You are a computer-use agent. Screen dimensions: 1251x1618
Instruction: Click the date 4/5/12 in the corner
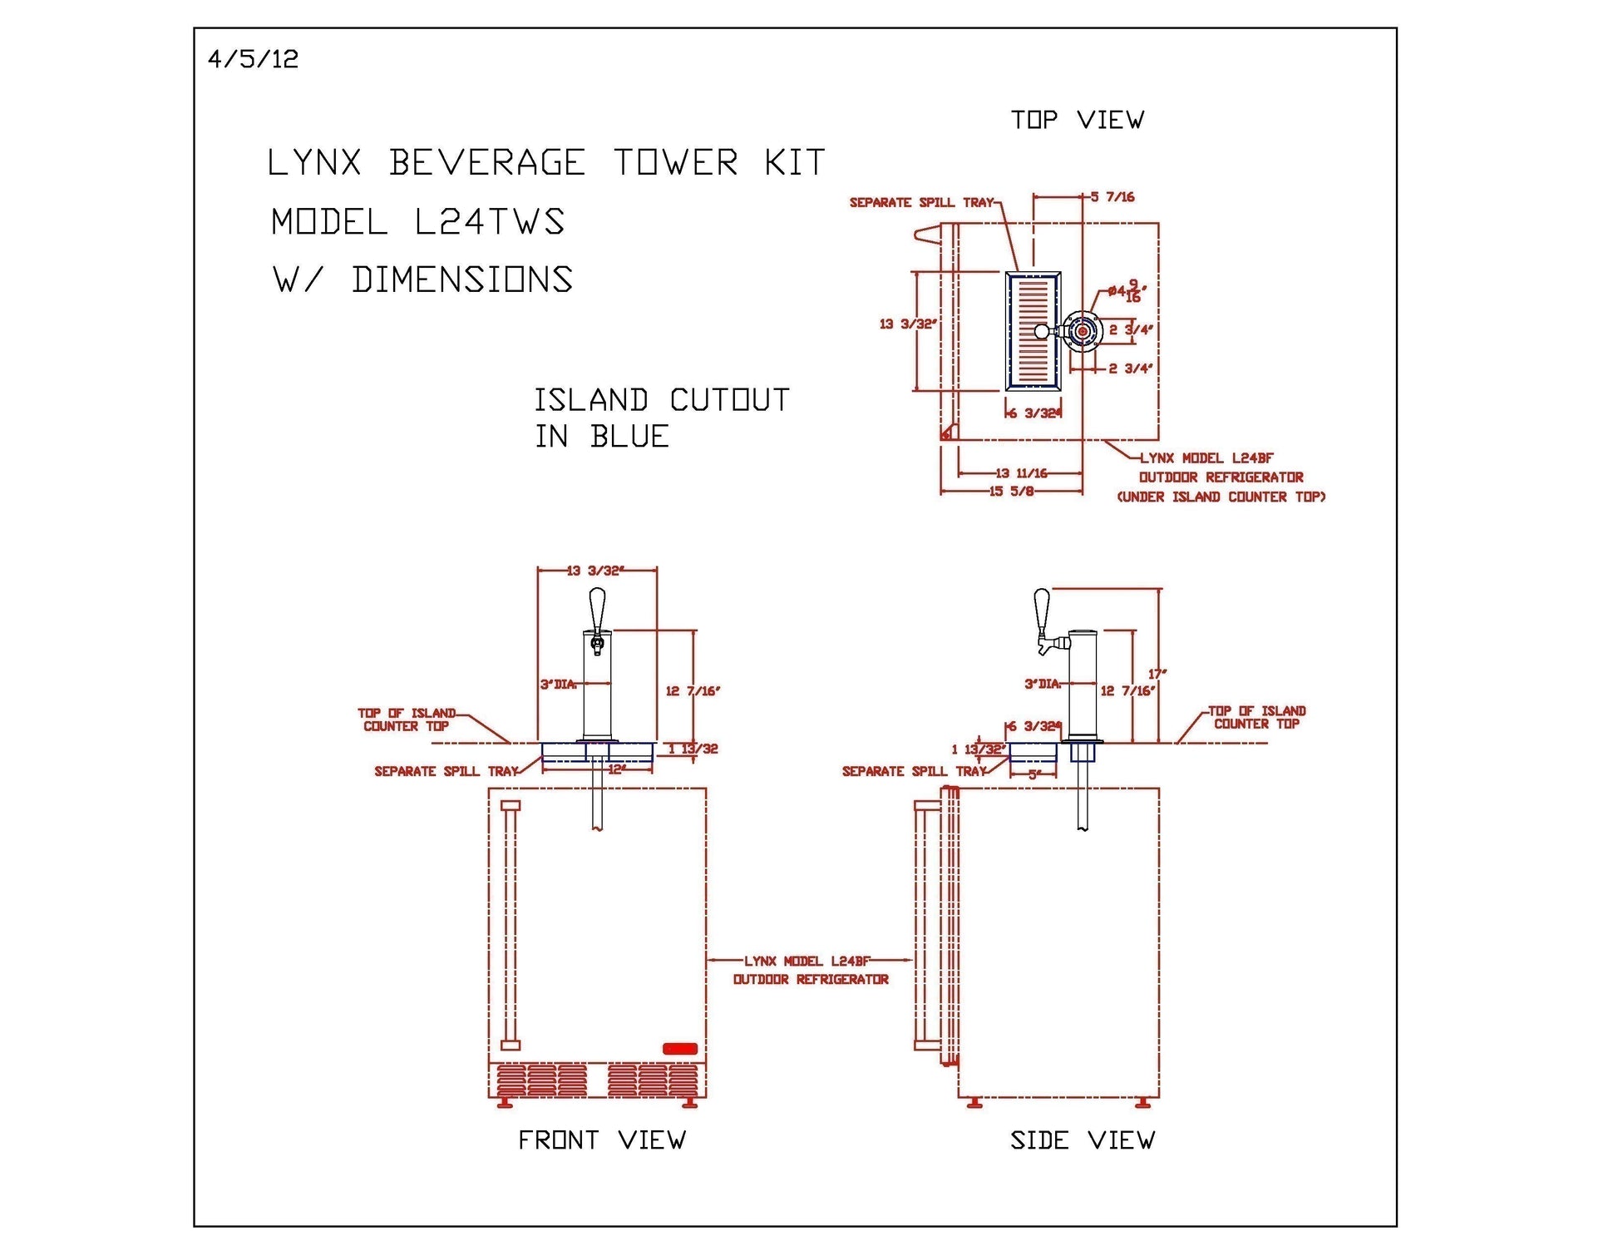click(x=253, y=59)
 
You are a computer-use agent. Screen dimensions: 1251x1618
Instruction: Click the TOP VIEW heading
click(x=1077, y=120)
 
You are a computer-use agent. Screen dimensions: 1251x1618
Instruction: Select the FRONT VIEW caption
click(x=601, y=1140)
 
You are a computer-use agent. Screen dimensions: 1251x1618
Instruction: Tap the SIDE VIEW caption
click(x=1082, y=1140)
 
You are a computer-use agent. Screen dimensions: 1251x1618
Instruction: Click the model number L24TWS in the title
click(x=490, y=222)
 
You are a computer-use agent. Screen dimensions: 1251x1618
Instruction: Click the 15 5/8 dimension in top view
click(x=1011, y=492)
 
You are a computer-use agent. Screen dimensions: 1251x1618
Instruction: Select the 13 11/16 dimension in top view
click(x=1021, y=473)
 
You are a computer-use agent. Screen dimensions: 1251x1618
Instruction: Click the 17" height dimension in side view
click(x=1157, y=673)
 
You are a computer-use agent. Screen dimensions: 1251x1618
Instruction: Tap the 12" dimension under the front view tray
click(x=616, y=769)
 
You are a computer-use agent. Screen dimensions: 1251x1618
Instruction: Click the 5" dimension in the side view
click(x=1034, y=774)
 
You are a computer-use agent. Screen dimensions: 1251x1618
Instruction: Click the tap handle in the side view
click(x=1041, y=611)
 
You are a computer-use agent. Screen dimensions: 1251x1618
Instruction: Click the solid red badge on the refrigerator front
click(x=679, y=1048)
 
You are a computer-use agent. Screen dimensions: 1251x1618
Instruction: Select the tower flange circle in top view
click(x=1082, y=331)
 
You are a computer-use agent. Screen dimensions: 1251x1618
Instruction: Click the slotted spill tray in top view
click(x=1033, y=331)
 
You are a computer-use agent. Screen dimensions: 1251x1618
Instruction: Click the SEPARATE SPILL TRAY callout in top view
click(x=920, y=203)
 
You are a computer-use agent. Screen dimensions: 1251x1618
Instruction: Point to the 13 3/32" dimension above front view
click(x=595, y=571)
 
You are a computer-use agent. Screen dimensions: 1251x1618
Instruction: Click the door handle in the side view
click(x=921, y=923)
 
